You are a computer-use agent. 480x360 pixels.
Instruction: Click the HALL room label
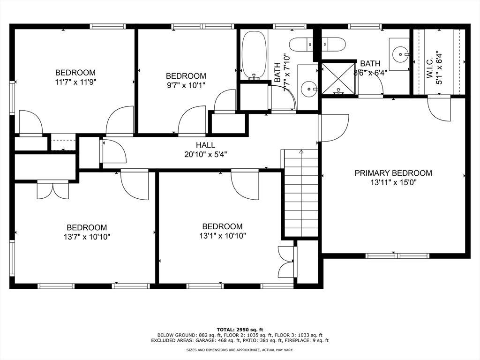coord(205,145)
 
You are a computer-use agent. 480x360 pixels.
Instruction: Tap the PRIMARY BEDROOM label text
coord(393,173)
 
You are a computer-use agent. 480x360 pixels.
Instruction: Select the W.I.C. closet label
coord(429,67)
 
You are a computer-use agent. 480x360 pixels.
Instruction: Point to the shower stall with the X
coord(338,78)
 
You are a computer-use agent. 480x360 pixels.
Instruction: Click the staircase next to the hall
coord(301,193)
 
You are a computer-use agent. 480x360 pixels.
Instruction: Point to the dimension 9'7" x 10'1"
coord(186,85)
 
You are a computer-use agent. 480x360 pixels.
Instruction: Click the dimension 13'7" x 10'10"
coord(87,237)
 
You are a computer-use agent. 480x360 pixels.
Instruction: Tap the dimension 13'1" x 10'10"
coord(223,236)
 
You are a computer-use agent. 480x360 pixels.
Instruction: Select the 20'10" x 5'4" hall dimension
coord(205,154)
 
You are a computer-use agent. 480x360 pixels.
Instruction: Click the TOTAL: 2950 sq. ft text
coord(240,330)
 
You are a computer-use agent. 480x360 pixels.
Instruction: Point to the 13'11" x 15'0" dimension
coord(393,182)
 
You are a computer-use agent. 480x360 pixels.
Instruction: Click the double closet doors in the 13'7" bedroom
coord(53,190)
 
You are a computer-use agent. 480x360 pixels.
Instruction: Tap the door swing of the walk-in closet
coord(439,109)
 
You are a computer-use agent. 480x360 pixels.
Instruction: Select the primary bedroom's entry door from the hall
coord(334,128)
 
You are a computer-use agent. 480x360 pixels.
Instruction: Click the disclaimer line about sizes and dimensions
coord(240,350)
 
